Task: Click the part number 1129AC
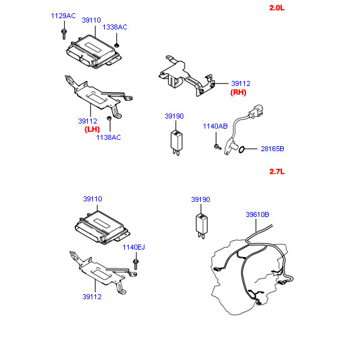(x=63, y=16)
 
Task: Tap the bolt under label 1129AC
(x=64, y=34)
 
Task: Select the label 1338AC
(x=115, y=27)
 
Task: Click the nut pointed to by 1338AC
(x=117, y=45)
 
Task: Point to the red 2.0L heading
(x=277, y=8)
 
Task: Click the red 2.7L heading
(x=277, y=172)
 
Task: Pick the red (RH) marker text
(x=239, y=92)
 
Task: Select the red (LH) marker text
(x=92, y=129)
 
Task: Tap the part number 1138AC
(x=109, y=137)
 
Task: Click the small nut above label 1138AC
(x=109, y=119)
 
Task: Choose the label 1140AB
(x=215, y=126)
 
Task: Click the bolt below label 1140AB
(x=217, y=146)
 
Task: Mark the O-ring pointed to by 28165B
(x=241, y=149)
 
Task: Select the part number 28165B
(x=272, y=149)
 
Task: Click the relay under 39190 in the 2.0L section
(x=176, y=142)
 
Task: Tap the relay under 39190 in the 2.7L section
(x=202, y=226)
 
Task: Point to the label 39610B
(x=257, y=214)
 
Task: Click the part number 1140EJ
(x=134, y=247)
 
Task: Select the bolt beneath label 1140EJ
(x=136, y=264)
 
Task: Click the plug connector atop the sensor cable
(x=256, y=112)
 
